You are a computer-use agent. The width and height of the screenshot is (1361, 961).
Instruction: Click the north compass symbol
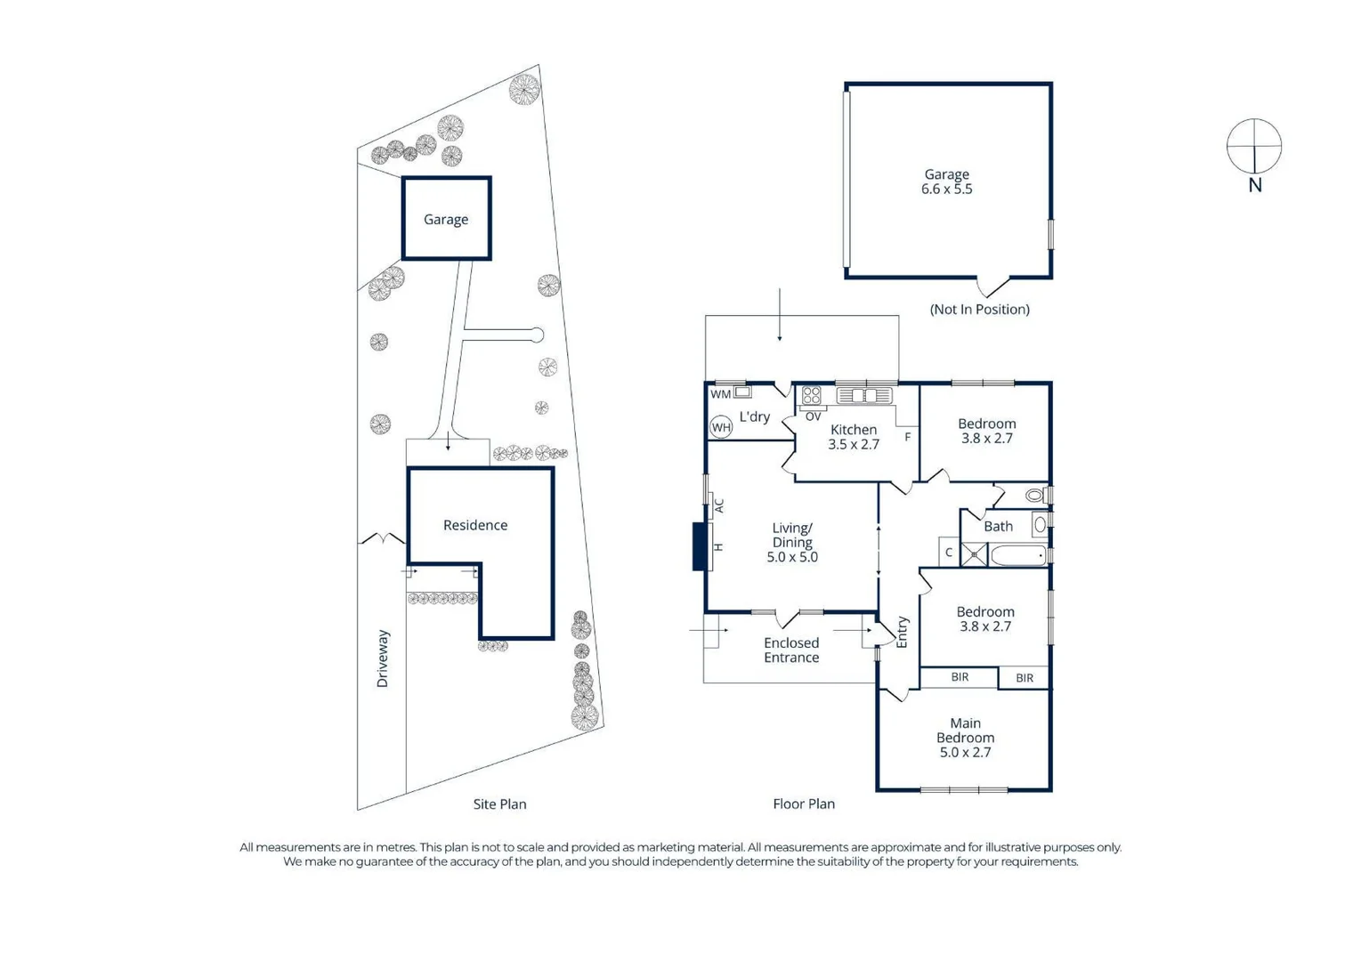click(x=1253, y=146)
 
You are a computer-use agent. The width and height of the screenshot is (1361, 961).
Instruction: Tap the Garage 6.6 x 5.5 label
click(x=946, y=182)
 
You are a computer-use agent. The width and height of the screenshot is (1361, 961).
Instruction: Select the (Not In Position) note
click(x=979, y=310)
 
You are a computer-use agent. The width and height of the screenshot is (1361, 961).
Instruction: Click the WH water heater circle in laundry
click(x=721, y=428)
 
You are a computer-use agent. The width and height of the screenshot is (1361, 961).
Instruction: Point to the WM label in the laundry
click(x=720, y=394)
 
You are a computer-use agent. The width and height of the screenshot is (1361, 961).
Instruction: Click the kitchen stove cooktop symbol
click(x=811, y=395)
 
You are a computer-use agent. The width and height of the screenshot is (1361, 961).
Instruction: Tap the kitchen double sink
click(x=863, y=395)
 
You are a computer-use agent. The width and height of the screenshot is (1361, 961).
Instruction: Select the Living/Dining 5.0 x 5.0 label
click(x=791, y=542)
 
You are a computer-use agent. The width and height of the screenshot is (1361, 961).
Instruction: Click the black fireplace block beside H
click(x=700, y=546)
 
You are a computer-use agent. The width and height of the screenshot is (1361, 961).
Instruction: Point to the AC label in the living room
click(x=719, y=506)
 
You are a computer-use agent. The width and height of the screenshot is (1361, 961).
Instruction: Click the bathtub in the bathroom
click(x=1017, y=556)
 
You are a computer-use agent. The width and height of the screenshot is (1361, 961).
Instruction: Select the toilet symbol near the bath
click(x=1034, y=495)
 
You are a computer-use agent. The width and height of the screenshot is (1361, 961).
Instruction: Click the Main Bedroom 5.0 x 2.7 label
click(x=965, y=738)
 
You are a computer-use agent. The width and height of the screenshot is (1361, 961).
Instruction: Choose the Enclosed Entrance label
click(x=790, y=650)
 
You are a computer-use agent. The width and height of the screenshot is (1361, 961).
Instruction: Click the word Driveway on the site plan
click(x=383, y=658)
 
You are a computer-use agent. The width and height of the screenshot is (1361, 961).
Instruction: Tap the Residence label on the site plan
click(x=475, y=525)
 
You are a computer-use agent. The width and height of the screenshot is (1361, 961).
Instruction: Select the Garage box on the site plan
click(x=446, y=219)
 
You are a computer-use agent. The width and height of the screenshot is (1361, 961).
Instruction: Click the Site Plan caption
click(x=499, y=804)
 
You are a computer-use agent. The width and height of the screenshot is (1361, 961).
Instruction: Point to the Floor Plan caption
click(x=803, y=804)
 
